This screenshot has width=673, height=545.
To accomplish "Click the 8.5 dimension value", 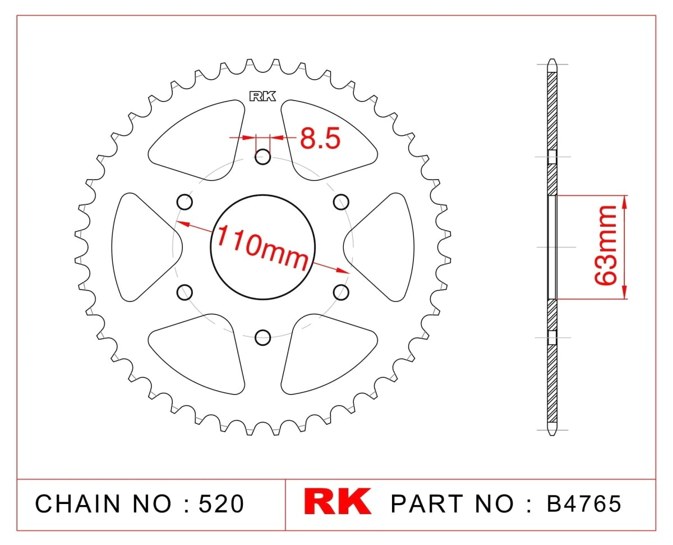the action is tap(320, 138).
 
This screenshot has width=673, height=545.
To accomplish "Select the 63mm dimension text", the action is tap(605, 245).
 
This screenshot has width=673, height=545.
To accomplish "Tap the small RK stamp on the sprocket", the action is tap(262, 96).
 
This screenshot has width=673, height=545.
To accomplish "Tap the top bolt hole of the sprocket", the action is tap(263, 157).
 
